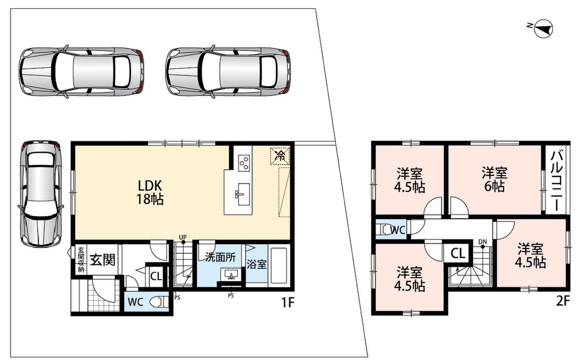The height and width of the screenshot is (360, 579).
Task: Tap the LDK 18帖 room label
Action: tap(150, 192)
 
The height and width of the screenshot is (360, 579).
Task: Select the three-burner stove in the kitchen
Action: tap(244, 163)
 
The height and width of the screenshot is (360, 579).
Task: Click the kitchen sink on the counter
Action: tap(243, 194)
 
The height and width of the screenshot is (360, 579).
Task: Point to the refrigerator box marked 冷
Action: tap(280, 156)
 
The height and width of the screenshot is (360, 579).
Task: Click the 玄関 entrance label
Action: tap(102, 260)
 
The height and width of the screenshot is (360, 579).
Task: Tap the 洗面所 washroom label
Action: tap(220, 258)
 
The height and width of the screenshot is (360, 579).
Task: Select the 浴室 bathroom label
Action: tap(256, 264)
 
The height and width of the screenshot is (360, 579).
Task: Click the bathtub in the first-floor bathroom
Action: tap(278, 265)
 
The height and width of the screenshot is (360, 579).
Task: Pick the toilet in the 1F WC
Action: tap(160, 302)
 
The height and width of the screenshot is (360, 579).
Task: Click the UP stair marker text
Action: tap(183, 237)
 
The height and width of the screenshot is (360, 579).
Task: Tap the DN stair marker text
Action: tap(482, 242)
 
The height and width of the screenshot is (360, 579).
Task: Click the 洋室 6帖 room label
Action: tap(495, 180)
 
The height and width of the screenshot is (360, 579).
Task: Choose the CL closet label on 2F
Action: tap(458, 253)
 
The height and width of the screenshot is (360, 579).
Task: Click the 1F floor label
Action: tap(288, 303)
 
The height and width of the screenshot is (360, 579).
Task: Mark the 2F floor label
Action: tap(563, 301)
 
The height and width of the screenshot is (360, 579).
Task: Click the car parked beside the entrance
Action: tap(41, 194)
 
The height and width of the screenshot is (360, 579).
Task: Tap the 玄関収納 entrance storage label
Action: tap(81, 260)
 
